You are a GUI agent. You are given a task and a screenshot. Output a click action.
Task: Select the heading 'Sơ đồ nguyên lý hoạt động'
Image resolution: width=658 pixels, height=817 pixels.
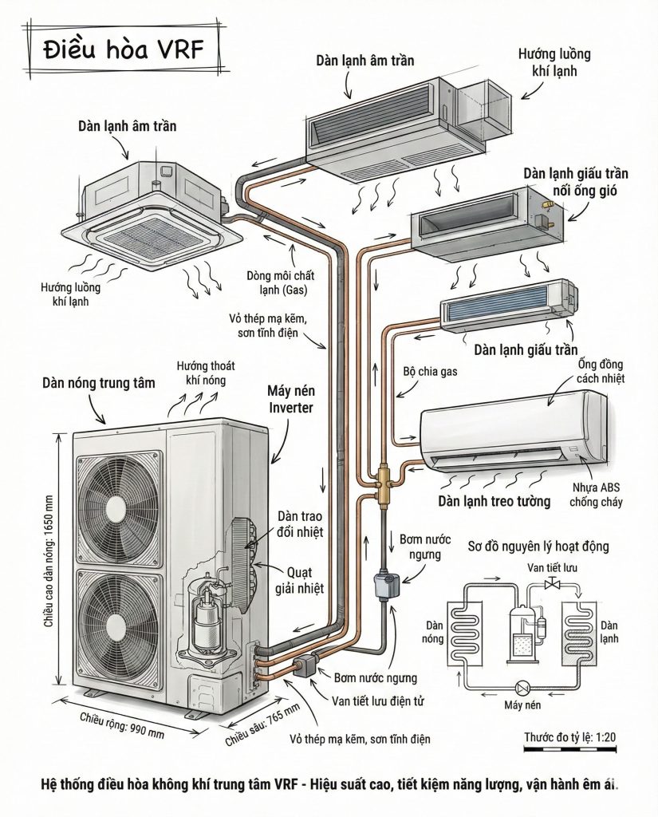coord(539,547)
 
